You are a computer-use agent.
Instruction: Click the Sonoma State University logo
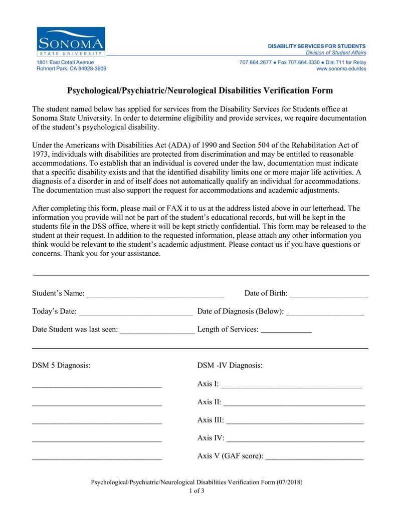tap(71, 42)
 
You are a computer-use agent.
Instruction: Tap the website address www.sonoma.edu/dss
tap(341, 69)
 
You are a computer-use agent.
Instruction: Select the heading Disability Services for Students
tap(317, 46)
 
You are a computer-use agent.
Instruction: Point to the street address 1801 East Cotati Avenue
tap(65, 62)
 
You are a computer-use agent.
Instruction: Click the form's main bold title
tap(200, 91)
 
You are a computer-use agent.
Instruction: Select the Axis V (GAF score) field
tap(314, 457)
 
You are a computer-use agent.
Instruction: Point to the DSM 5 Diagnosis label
tap(61, 365)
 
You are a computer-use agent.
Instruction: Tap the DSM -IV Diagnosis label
tap(230, 365)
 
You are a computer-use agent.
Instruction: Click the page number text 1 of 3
tap(196, 491)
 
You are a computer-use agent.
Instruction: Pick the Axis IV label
tap(211, 438)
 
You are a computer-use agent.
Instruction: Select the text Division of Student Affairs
tap(336, 53)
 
